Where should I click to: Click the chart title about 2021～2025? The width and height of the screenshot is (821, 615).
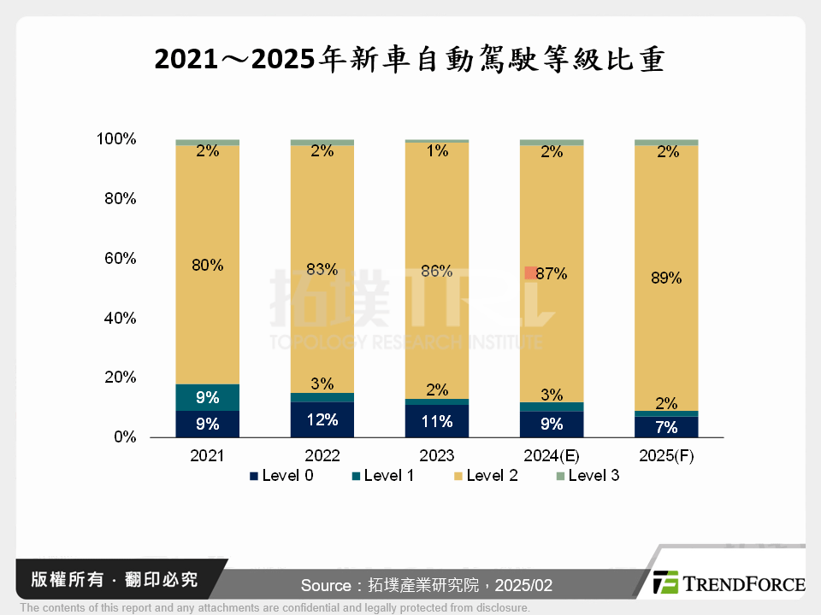[410, 61]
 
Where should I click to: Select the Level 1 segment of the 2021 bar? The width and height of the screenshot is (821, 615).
[207, 397]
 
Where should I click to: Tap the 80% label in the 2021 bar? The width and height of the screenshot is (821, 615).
[207, 265]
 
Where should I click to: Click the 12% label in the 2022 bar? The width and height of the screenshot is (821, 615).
[322, 419]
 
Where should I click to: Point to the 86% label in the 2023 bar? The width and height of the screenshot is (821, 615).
[436, 272]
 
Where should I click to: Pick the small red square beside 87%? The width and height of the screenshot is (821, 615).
[530, 273]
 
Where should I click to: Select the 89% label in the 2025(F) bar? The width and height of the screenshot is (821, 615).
[665, 278]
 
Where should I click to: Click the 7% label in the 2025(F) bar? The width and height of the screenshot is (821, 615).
[665, 427]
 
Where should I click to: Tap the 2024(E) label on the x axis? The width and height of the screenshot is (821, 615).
[552, 456]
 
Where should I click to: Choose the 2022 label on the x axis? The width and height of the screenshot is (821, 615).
[322, 456]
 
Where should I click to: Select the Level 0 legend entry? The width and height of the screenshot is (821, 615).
[281, 476]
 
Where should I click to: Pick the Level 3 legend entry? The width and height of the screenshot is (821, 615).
[588, 476]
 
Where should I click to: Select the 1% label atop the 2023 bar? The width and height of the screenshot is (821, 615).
[436, 151]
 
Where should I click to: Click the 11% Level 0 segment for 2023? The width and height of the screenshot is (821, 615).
[436, 420]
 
